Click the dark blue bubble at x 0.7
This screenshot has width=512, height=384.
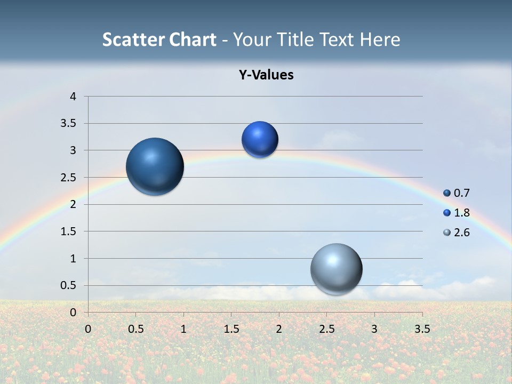pyautogui.click(x=155, y=166)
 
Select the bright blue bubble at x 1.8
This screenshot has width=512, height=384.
pyautogui.click(x=260, y=140)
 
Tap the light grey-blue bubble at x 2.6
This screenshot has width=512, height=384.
pyautogui.click(x=336, y=269)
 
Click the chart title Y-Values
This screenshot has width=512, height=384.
pyautogui.click(x=266, y=75)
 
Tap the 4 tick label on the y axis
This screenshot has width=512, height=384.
pyautogui.click(x=73, y=97)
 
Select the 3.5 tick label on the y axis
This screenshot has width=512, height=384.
pyautogui.click(x=69, y=124)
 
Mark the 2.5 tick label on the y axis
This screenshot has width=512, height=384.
pyautogui.click(x=69, y=178)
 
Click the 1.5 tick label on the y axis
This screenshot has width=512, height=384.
pyautogui.click(x=69, y=231)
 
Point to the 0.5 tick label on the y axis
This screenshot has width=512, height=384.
pyautogui.click(x=69, y=285)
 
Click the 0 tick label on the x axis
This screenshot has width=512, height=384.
pyautogui.click(x=88, y=329)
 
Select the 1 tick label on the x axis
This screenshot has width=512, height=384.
pyautogui.click(x=183, y=329)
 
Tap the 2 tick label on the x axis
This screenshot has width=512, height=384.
pyautogui.click(x=279, y=329)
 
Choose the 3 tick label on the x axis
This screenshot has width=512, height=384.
pyautogui.click(x=374, y=329)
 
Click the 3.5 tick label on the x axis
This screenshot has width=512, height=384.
pyautogui.click(x=422, y=329)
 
